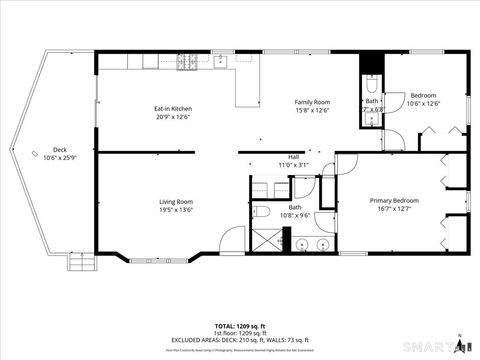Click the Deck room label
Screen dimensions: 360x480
pyautogui.click(x=60, y=148)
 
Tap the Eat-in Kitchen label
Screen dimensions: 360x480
pyautogui.click(x=173, y=109)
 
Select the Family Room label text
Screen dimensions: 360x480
pyautogui.click(x=312, y=102)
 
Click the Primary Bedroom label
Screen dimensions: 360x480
pyautogui.click(x=393, y=200)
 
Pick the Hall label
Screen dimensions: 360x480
pyautogui.click(x=294, y=157)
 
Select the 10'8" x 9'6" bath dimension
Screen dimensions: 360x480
pyautogui.click(x=295, y=215)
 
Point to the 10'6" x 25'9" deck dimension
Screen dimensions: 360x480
pyautogui.click(x=60, y=157)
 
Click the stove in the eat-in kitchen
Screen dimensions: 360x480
pyautogui.click(x=187, y=61)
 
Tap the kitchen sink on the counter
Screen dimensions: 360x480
pyautogui.click(x=243, y=60)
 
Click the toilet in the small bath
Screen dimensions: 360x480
pyautogui.click(x=371, y=84)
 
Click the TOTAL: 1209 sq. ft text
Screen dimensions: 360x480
pyautogui.click(x=239, y=326)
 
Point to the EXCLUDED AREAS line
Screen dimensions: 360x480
pyautogui.click(x=239, y=340)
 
